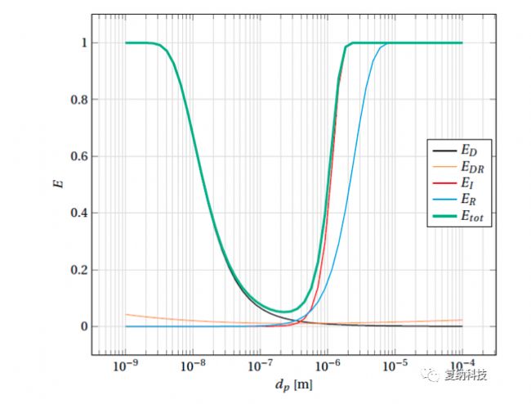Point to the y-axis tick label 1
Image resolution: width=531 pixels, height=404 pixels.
point(74,43)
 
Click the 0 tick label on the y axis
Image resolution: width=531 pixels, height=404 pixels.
point(74,326)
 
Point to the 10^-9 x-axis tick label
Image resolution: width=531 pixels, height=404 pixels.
point(125,363)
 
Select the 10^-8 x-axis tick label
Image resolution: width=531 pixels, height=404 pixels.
point(193,363)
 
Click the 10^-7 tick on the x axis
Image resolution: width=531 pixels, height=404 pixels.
point(260,363)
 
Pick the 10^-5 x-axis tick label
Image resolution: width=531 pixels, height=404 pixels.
point(395,363)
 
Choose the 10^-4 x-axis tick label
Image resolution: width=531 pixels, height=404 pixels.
point(462,363)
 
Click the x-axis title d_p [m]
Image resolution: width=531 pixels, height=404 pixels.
point(292,383)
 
